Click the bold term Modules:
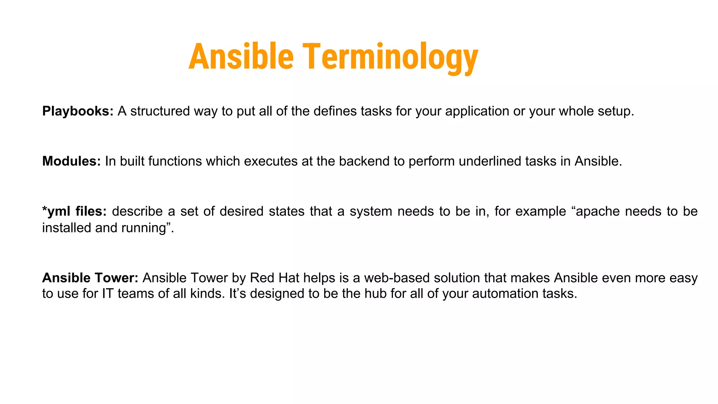click(72, 161)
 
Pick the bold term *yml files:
click(74, 211)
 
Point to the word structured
click(160, 111)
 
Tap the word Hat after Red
click(289, 278)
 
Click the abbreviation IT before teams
click(108, 294)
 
